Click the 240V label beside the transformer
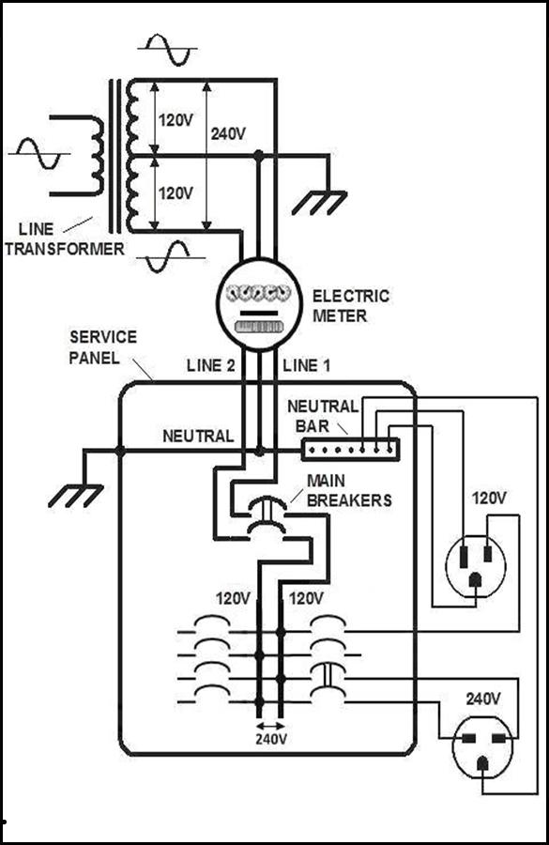click(x=228, y=133)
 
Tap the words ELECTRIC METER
click(x=351, y=305)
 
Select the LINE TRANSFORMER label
click(x=65, y=238)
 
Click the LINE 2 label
click(x=210, y=365)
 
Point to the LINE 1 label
click(x=307, y=365)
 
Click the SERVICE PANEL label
click(x=103, y=347)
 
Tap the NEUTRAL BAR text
click(x=322, y=416)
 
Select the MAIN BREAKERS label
click(x=349, y=490)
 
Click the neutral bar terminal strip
click(x=350, y=449)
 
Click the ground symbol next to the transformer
click(x=319, y=203)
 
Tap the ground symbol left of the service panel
click(x=75, y=496)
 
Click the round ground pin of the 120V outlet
click(x=475, y=580)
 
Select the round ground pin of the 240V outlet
click(x=482, y=764)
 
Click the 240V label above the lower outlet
click(x=483, y=699)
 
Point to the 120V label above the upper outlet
click(x=489, y=498)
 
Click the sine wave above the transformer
click(x=169, y=49)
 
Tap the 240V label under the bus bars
click(x=271, y=738)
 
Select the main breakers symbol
click(x=267, y=516)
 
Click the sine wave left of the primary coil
click(x=39, y=154)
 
